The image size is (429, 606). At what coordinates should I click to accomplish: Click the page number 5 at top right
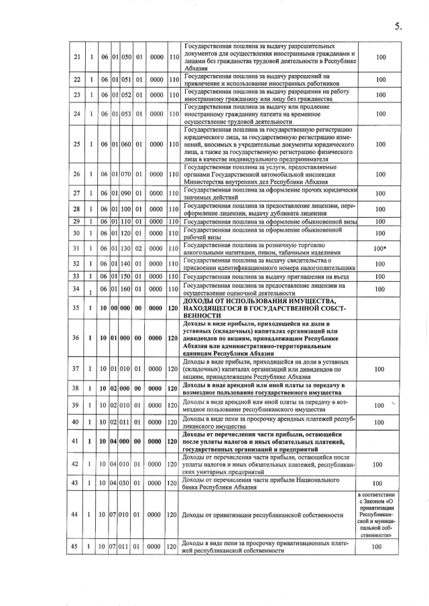coord(397,27)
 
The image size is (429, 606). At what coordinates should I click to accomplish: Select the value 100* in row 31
coord(381,248)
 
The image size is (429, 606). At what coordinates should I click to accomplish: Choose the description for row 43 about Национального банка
coord(266,483)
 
